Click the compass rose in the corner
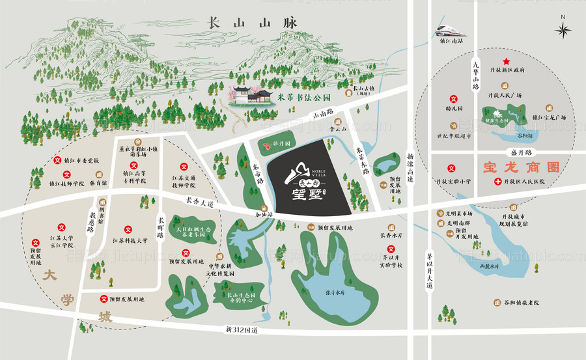[563, 29]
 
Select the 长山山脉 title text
[251, 21]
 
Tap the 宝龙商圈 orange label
[521, 167]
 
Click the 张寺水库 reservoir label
[334, 292]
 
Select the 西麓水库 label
[490, 266]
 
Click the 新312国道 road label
[242, 330]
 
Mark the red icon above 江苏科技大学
[128, 230]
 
